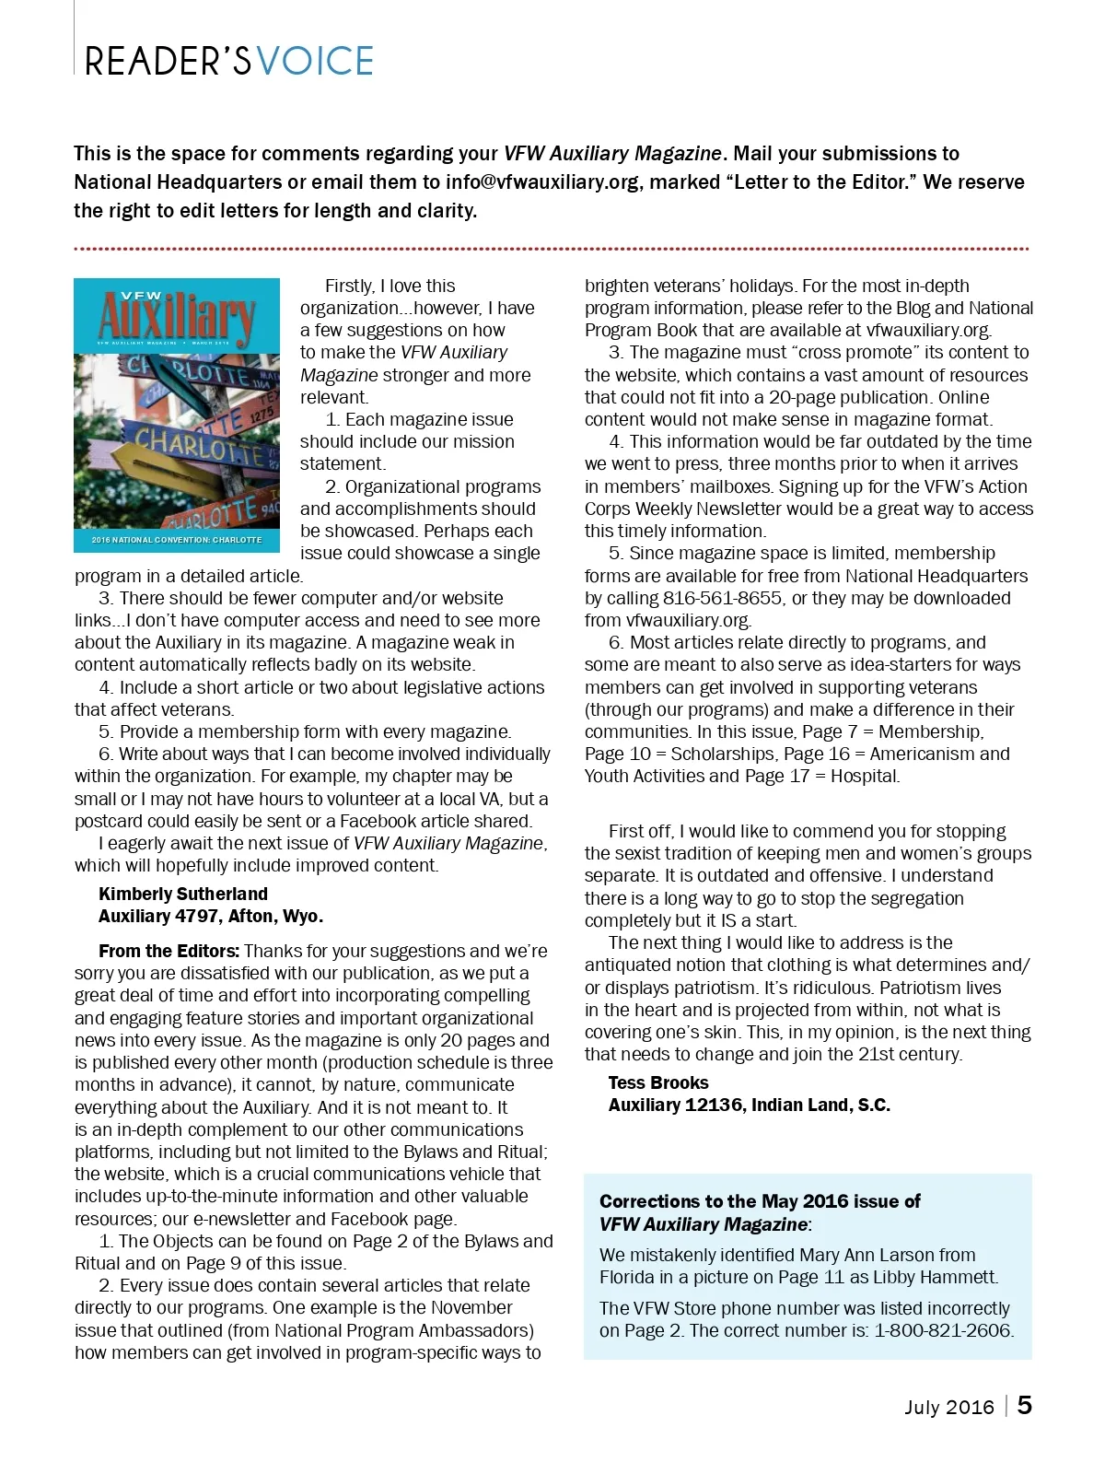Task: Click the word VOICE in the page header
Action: [x=316, y=61]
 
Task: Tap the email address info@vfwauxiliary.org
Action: [x=542, y=181]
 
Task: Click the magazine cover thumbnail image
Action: [x=177, y=415]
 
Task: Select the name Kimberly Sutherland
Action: [x=183, y=894]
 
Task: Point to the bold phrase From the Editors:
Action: [x=169, y=951]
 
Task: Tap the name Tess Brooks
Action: [x=658, y=1082]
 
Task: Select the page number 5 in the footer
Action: [x=1025, y=1406]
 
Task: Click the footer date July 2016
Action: [x=949, y=1407]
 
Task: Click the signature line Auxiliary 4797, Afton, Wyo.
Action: [x=211, y=916]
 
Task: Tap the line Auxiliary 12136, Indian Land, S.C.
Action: [x=749, y=1105]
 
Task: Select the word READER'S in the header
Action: [x=168, y=61]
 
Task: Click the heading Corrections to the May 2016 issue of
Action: [x=760, y=1201]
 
